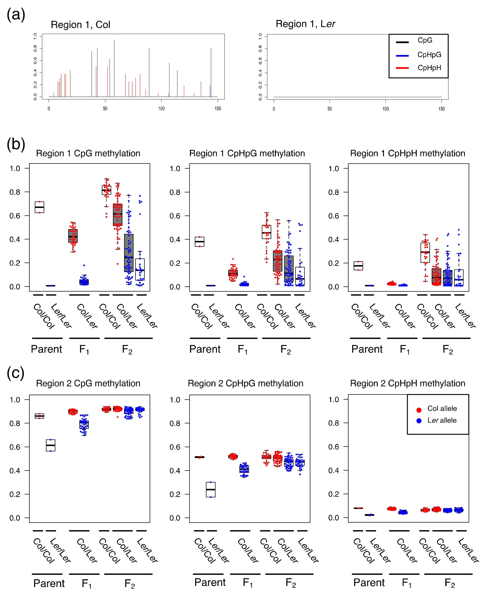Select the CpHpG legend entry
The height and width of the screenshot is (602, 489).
(x=429, y=55)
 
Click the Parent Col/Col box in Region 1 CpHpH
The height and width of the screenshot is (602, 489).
(x=358, y=266)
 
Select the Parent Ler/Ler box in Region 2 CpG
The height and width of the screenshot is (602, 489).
(x=51, y=445)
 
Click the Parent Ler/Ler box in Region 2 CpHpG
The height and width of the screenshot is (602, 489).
(x=211, y=489)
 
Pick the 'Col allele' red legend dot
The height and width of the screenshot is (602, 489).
(x=419, y=410)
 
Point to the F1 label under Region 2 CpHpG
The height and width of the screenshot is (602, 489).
(x=248, y=583)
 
